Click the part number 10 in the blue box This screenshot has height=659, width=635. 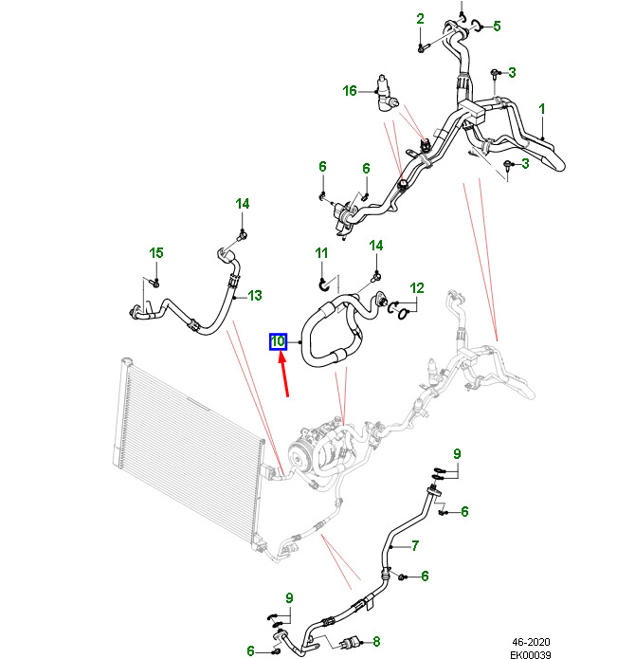click(279, 341)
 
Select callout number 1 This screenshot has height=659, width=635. click(542, 110)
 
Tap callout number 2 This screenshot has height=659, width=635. click(420, 19)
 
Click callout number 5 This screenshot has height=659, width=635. click(497, 26)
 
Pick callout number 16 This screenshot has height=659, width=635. click(350, 91)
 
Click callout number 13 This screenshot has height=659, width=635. click(254, 296)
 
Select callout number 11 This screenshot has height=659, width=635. click(321, 252)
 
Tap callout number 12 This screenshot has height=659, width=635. click(417, 288)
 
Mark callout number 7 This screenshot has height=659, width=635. click(414, 544)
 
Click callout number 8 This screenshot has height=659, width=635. click(375, 640)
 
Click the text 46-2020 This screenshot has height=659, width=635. click(531, 641)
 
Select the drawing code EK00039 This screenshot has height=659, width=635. click(531, 653)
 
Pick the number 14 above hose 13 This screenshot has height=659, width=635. click(242, 204)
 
